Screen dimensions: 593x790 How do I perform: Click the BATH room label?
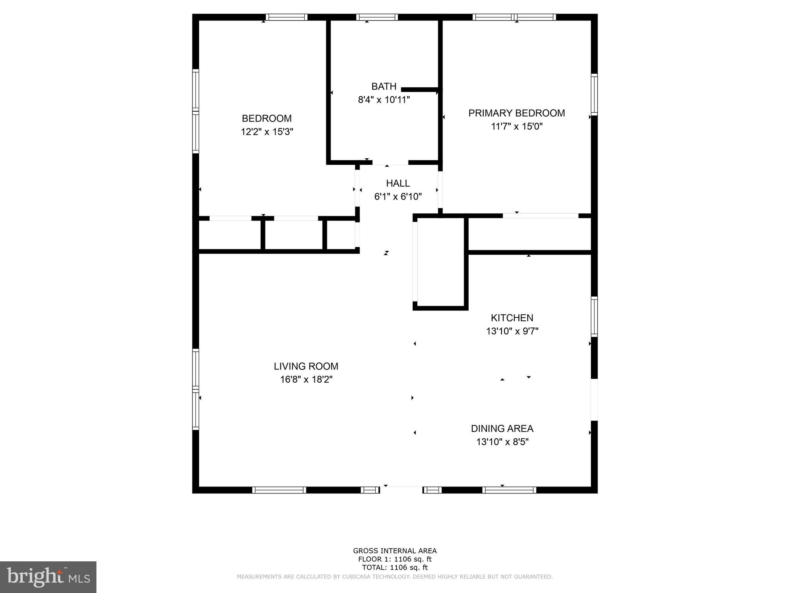tap(384, 86)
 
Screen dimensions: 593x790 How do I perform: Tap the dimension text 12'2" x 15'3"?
tap(267, 132)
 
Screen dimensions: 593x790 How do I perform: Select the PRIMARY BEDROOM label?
tap(517, 113)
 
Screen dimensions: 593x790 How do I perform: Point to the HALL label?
tap(398, 183)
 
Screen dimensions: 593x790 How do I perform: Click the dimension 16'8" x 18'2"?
tap(306, 380)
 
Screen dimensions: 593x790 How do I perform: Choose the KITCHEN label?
tap(512, 318)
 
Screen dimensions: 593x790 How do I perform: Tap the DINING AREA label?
tap(502, 429)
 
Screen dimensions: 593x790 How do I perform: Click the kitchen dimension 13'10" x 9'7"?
tap(512, 331)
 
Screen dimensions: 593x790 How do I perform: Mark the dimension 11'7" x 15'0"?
tap(517, 127)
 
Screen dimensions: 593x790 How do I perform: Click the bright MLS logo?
tap(48, 577)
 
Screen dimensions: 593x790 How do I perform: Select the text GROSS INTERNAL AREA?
tap(395, 551)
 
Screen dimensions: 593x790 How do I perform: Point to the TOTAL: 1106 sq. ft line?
tap(395, 568)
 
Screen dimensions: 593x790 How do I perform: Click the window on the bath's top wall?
tap(377, 17)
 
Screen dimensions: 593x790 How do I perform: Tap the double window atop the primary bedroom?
tap(514, 17)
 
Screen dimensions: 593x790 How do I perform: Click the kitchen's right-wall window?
tap(594, 317)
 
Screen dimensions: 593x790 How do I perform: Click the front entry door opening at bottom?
tap(401, 490)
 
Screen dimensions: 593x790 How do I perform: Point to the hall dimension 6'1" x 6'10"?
tap(398, 197)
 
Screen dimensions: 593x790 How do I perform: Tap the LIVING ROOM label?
tap(306, 366)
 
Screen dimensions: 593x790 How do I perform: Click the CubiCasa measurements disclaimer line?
tap(395, 576)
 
